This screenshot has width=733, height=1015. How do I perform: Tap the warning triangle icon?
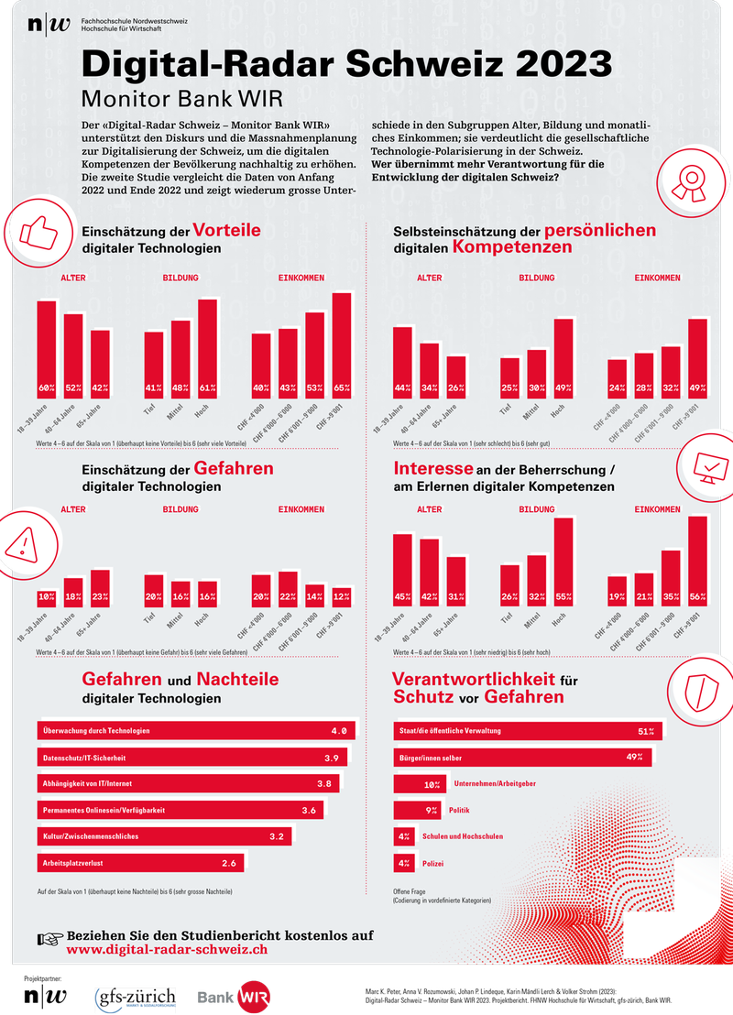21,543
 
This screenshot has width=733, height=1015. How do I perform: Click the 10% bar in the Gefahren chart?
46,598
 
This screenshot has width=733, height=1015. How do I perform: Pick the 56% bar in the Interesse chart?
698,562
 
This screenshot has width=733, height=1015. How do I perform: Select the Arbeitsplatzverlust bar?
141,863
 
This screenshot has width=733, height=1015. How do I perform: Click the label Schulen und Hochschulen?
463,836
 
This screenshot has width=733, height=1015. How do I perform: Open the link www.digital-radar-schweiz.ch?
167,950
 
